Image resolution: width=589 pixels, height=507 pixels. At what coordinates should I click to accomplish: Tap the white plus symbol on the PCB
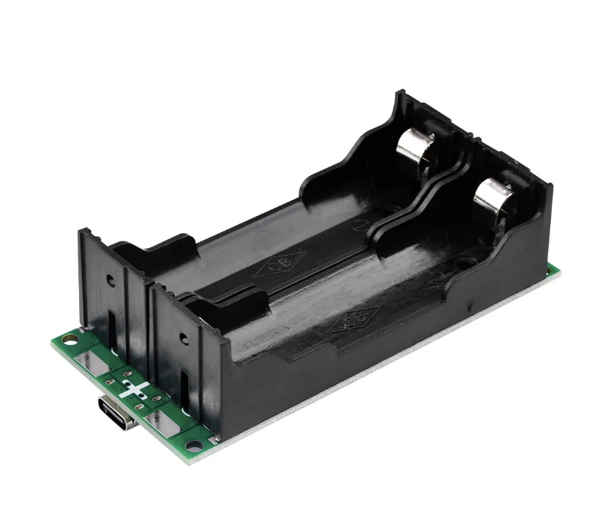coord(135,391)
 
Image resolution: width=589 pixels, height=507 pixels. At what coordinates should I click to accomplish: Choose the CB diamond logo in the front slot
coord(353,320)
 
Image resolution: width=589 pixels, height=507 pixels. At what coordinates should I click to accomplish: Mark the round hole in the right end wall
coord(183,340)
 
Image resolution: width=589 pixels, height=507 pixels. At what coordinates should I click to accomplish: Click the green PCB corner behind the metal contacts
coord(553,269)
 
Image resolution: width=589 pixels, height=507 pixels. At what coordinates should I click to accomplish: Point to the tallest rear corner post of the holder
coord(400,98)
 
